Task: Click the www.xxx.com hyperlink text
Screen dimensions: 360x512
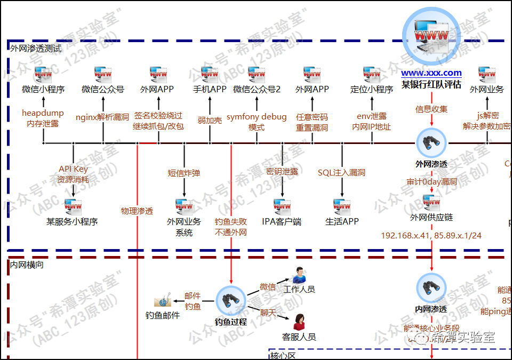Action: (x=431, y=73)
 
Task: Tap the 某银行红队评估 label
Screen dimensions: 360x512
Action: (x=431, y=85)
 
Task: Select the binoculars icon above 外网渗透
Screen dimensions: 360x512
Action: (x=431, y=142)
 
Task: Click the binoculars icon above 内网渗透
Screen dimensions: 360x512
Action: (x=431, y=289)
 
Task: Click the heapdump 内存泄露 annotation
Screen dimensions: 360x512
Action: (x=43, y=118)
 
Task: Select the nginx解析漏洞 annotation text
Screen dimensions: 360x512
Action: (x=102, y=117)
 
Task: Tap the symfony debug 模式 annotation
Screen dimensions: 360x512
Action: (x=257, y=122)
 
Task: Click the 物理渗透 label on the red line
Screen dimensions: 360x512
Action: (x=137, y=211)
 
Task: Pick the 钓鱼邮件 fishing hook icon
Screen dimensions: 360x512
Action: (x=162, y=302)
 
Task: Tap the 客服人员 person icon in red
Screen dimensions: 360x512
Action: (x=299, y=322)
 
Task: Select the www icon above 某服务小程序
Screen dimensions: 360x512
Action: (x=73, y=206)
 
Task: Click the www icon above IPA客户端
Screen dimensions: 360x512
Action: (x=282, y=206)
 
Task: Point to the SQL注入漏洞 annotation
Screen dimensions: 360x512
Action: (x=341, y=173)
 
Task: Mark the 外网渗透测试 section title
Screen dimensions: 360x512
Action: (x=36, y=48)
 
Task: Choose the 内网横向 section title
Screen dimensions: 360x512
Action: (x=27, y=264)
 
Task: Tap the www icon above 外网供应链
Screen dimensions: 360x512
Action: (x=431, y=202)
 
